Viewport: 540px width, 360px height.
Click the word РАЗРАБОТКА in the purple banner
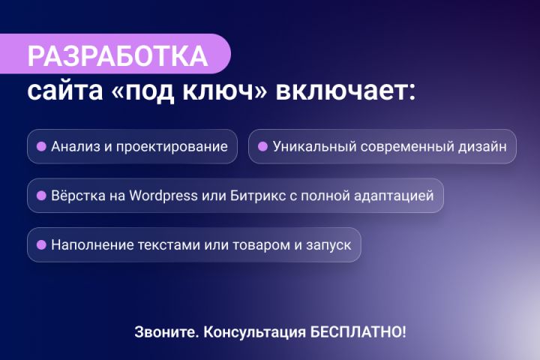tap(117, 57)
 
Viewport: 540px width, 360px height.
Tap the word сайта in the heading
tap(59, 92)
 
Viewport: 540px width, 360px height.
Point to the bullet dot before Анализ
tap(42, 146)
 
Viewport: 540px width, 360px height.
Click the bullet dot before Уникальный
tap(262, 146)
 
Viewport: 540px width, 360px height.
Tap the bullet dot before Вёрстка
tap(42, 196)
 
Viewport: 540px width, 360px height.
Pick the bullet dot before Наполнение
tap(42, 245)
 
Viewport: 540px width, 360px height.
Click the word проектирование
tap(181, 147)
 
